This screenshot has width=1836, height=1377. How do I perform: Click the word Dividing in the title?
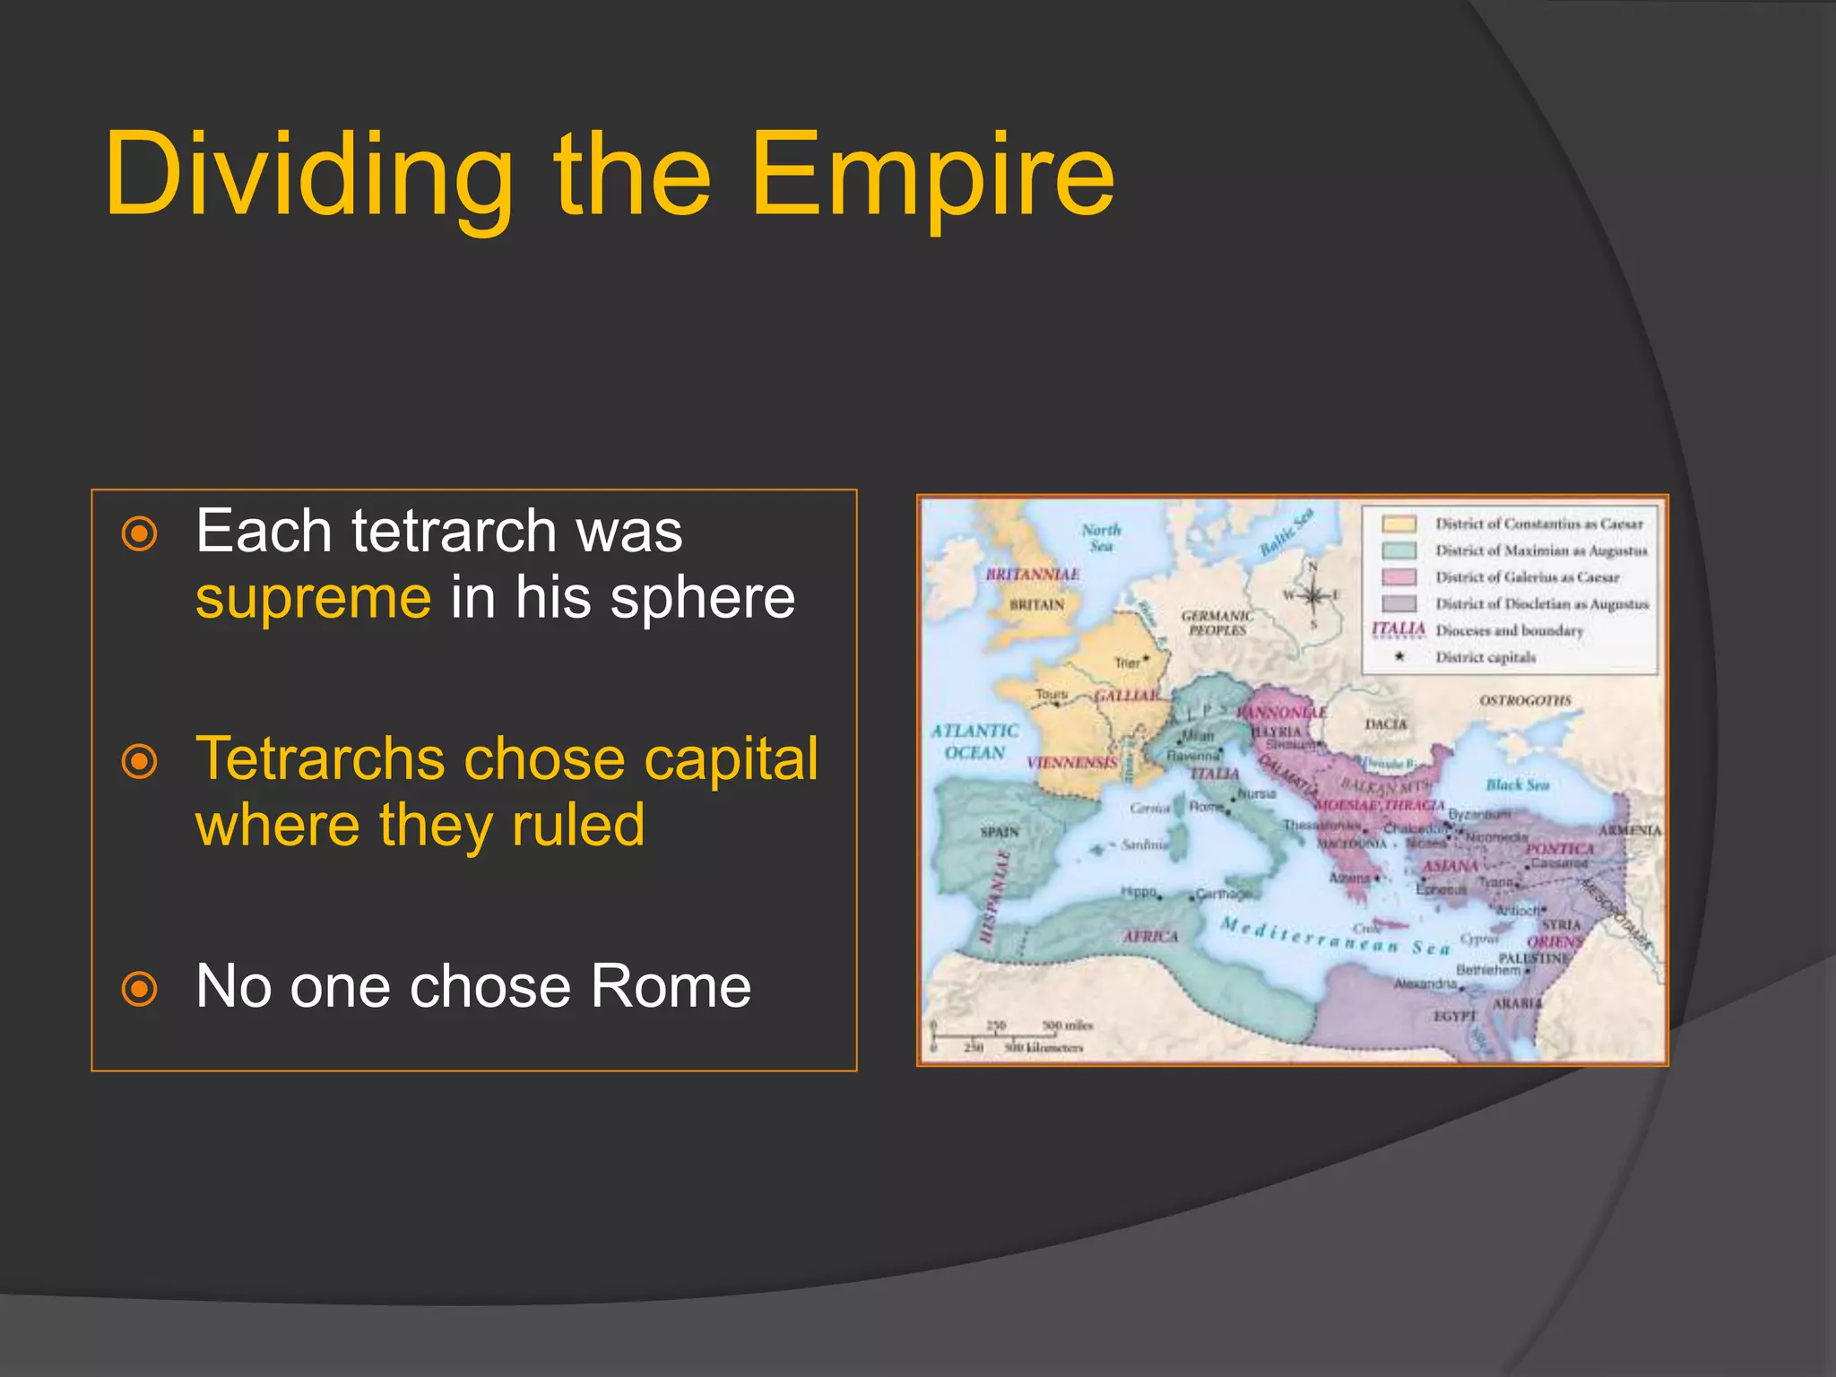309,175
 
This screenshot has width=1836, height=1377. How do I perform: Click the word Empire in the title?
932,175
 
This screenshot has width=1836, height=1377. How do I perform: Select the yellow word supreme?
314,599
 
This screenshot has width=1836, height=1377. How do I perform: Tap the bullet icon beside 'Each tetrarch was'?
140,534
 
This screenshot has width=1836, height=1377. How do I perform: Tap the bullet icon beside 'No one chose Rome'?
140,990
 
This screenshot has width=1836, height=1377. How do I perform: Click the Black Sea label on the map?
1517,784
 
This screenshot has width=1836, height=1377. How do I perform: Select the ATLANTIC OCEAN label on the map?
974,741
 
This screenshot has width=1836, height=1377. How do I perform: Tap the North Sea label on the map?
1101,537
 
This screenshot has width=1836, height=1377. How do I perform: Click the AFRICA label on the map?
1151,936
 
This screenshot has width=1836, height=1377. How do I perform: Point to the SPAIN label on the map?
1000,832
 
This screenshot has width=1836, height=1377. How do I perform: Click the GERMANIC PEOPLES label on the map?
1217,623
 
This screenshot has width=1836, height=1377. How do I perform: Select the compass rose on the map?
1312,595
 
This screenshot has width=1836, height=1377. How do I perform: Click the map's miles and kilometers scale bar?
1009,1035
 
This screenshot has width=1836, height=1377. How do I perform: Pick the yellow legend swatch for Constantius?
1399,524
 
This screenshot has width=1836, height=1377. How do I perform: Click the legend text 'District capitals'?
1485,657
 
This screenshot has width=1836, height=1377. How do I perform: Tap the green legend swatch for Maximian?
1399,550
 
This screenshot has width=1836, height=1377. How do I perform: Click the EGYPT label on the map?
1453,1016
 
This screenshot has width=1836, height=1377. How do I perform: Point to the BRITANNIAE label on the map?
1032,574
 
